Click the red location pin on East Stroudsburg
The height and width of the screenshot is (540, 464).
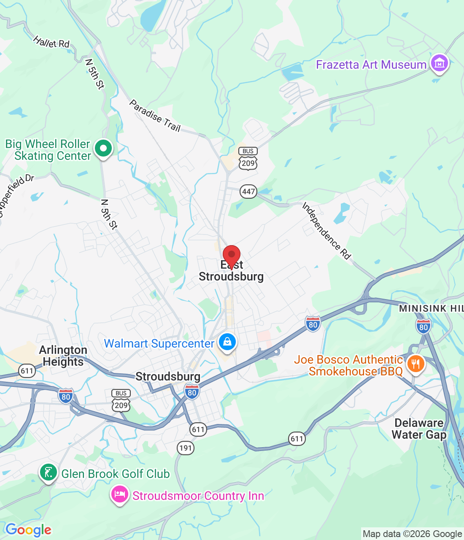[x=232, y=256]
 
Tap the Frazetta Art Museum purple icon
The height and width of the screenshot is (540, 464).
[x=440, y=64]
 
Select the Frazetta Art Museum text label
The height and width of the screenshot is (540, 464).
[x=371, y=65]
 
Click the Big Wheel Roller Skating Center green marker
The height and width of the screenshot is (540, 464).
[x=103, y=148]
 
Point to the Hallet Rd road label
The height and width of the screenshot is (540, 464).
[x=51, y=43]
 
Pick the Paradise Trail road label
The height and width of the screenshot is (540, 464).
[x=155, y=116]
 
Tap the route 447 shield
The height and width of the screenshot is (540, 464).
[x=248, y=192]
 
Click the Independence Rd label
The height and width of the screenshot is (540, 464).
[x=326, y=230]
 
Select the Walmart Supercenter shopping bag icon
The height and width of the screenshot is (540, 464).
[x=227, y=342]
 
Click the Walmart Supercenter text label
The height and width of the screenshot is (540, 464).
[x=159, y=344]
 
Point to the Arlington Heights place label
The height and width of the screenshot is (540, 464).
[x=63, y=356]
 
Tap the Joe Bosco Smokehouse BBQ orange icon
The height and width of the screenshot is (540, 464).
[x=415, y=363]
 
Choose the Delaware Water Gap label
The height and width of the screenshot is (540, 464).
[x=419, y=429]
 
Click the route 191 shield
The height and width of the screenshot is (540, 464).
[x=186, y=448]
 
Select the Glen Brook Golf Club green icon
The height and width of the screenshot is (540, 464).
[x=49, y=472]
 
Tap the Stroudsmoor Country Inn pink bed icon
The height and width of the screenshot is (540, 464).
[x=119, y=494]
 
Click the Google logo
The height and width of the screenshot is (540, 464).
[x=28, y=530]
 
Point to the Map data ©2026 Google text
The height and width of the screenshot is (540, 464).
[x=412, y=534]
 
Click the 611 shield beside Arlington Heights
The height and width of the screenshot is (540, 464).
[x=27, y=371]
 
